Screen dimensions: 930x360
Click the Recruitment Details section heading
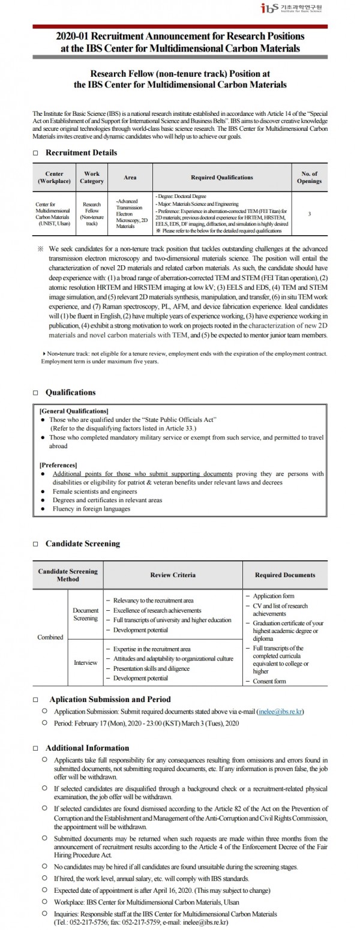[x=81, y=153]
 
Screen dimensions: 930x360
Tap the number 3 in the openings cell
[x=309, y=213]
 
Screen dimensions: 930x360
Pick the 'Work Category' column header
[x=92, y=178]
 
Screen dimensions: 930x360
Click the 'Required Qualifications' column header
[x=222, y=178]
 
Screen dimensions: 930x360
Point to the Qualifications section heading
[x=70, y=392]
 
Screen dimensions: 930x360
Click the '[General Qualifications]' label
[x=73, y=411]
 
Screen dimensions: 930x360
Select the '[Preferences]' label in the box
[x=58, y=465]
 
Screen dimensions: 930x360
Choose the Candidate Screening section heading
[x=82, y=544]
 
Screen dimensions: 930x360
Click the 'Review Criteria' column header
[x=172, y=575]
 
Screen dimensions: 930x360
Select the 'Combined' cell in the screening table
[x=50, y=637]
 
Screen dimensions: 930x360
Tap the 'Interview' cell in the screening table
[x=85, y=663]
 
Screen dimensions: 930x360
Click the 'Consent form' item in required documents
[x=269, y=681]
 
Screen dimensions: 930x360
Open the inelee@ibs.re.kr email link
[x=280, y=712]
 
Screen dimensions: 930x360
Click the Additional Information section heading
[x=87, y=748]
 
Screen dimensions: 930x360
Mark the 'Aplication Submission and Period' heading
[x=110, y=699]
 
